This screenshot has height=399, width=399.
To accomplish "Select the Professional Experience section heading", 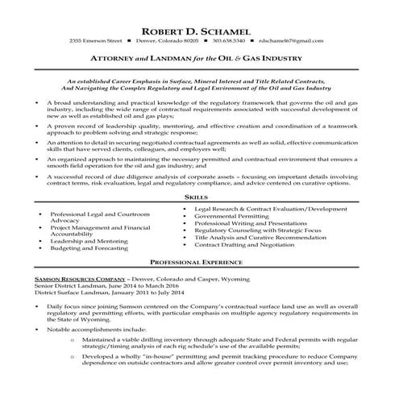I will (199, 263).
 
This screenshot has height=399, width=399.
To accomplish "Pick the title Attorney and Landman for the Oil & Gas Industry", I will (199, 59).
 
